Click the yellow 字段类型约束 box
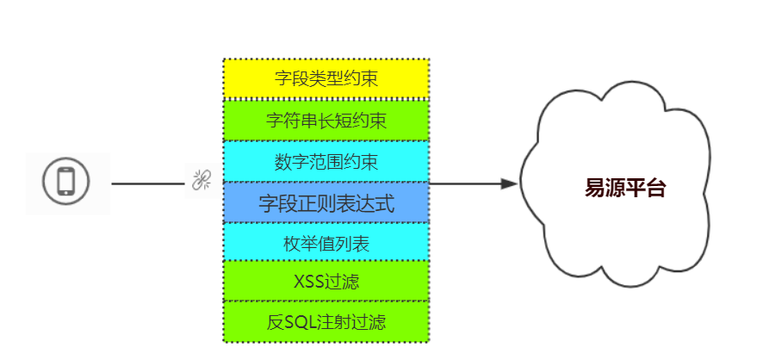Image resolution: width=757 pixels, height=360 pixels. (326, 79)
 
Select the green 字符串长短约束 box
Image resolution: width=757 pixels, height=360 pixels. (326, 121)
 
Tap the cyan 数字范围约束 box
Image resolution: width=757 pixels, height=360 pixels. (326, 161)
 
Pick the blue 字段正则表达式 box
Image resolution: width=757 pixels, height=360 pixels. (326, 203)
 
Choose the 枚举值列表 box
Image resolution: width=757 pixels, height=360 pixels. (326, 244)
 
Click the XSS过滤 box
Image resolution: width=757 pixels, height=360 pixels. (326, 281)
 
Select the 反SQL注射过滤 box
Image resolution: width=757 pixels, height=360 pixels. (326, 322)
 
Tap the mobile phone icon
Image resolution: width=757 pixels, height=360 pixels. (65, 183)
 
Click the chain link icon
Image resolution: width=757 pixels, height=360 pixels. (201, 181)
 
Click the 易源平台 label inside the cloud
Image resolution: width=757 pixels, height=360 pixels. (625, 189)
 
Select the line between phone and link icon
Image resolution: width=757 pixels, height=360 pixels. (148, 183)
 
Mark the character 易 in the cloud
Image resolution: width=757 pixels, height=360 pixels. (595, 189)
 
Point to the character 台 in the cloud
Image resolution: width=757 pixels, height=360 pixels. (655, 189)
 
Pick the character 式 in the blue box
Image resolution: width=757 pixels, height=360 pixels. (386, 203)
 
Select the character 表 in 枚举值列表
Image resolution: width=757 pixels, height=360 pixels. (361, 244)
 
